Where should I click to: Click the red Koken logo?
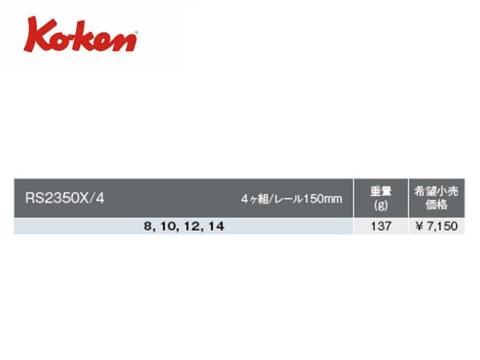click(81, 34)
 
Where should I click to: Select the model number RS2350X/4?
click(65, 198)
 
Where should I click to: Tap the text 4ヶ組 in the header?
click(254, 199)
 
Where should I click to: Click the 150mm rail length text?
click(322, 199)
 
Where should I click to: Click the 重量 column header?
click(381, 191)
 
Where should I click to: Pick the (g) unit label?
click(381, 205)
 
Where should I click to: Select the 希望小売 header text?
click(436, 191)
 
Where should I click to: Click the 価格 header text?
click(436, 205)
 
